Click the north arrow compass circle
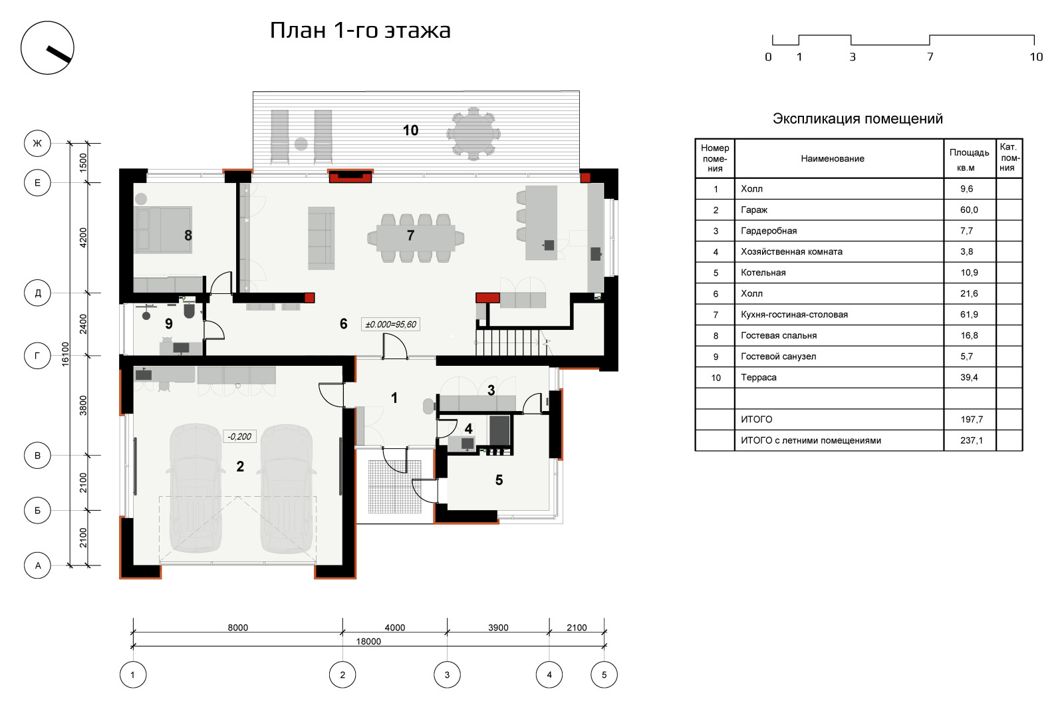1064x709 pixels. click(47, 23)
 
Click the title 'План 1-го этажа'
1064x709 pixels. click(360, 31)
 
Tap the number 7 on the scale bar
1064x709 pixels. click(930, 57)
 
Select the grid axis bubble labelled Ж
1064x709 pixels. click(37, 143)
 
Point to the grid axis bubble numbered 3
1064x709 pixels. click(447, 674)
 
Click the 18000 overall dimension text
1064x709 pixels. click(368, 642)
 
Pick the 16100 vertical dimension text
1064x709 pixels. click(66, 354)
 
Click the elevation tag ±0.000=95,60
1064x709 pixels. click(390, 325)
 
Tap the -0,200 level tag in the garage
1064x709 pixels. click(239, 436)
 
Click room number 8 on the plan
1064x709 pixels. click(188, 235)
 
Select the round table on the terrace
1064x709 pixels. click(473, 134)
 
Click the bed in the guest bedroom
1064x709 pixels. click(164, 229)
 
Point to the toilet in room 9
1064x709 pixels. click(189, 310)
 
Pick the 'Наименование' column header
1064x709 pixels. click(832, 159)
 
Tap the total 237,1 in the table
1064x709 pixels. click(972, 440)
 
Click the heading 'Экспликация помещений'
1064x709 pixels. click(857, 119)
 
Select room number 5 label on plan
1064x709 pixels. click(499, 480)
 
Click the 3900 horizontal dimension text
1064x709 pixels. click(498, 628)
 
